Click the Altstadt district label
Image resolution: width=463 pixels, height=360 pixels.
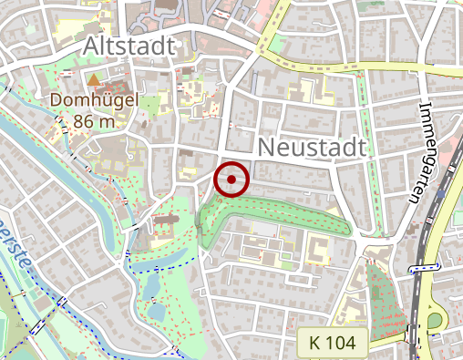pyautogui.click(x=128, y=46)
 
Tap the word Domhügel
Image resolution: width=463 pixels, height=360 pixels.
pyautogui.click(x=95, y=100)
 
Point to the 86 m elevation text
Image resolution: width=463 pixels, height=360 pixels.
pyautogui.click(x=95, y=120)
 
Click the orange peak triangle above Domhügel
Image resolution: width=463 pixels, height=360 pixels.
pyautogui.click(x=94, y=80)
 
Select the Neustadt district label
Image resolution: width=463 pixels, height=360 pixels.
pyautogui.click(x=312, y=147)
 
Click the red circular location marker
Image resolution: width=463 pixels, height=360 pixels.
pyautogui.click(x=231, y=180)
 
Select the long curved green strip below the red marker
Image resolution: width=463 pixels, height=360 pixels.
pyautogui.click(x=273, y=211)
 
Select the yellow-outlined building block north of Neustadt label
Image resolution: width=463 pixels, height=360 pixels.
pyautogui.click(x=305, y=91)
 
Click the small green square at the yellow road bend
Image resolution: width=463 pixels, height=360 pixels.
pyautogui.click(x=271, y=42)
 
